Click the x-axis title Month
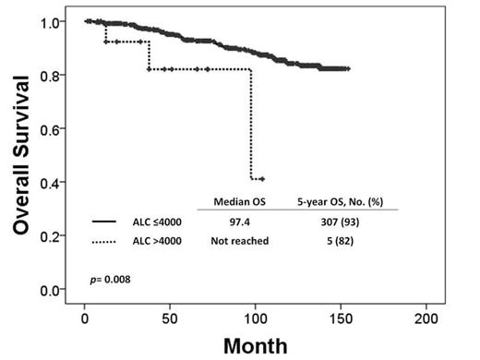pos(254,343)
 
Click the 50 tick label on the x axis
pos(170,318)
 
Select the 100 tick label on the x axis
pos(255,318)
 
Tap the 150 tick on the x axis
pos(341,318)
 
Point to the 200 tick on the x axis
pos(426,318)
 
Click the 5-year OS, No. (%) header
pos(341,201)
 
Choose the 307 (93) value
pos(341,222)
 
